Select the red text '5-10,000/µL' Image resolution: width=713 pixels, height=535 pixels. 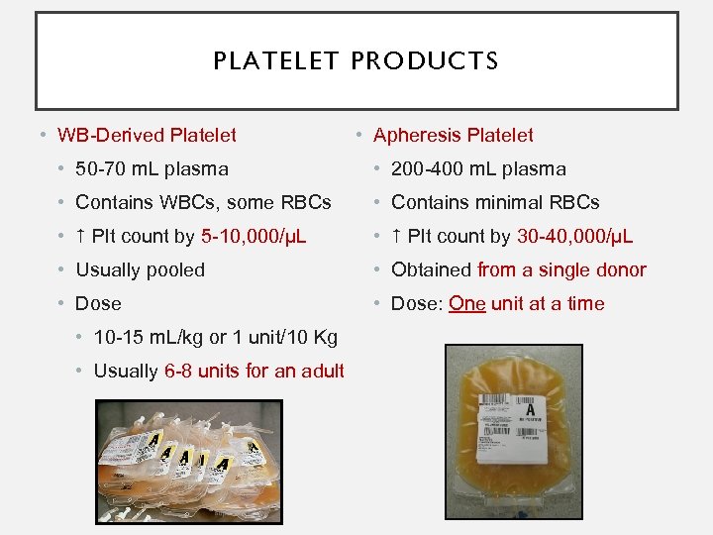point(254,236)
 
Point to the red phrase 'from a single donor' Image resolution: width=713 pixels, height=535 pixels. point(561,269)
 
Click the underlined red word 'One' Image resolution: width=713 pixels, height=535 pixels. point(467,303)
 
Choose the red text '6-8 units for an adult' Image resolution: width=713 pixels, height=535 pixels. point(255,371)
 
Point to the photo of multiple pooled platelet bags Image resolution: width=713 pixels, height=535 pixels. point(188,448)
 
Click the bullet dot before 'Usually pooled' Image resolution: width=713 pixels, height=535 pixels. point(62,269)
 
